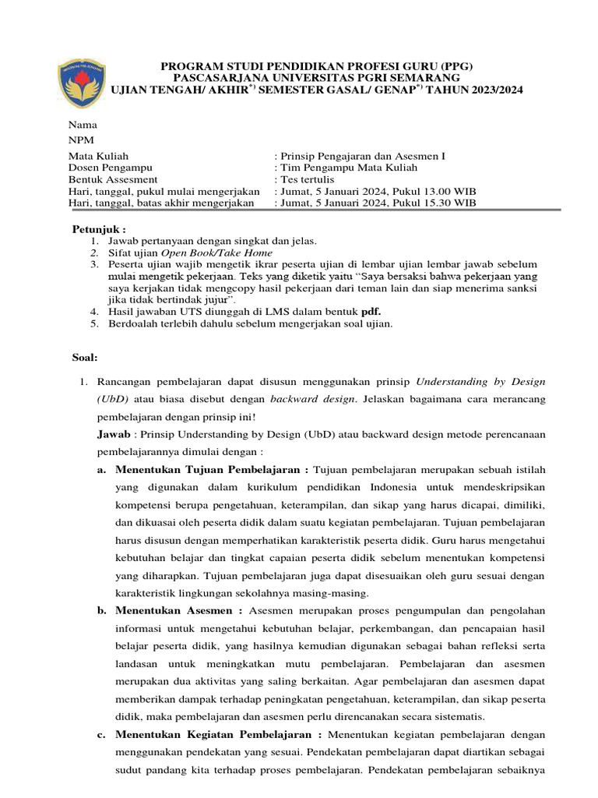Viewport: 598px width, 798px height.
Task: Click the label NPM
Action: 81,140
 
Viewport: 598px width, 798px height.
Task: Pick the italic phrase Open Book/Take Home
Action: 216,252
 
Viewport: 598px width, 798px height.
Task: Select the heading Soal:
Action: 85,358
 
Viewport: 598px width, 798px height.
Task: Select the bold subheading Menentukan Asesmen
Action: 179,611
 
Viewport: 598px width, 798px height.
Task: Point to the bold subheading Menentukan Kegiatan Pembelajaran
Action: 218,735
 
